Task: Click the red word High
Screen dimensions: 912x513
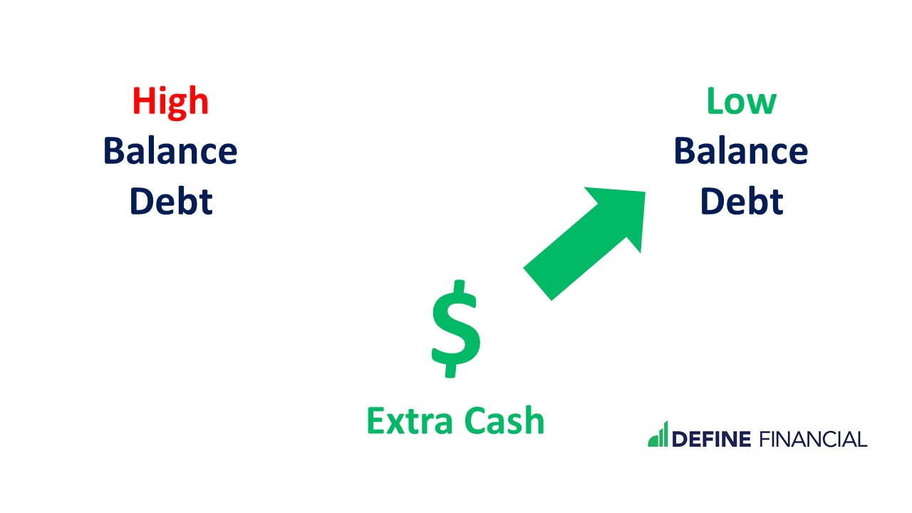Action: pos(170,102)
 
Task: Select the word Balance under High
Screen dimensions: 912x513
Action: pos(170,151)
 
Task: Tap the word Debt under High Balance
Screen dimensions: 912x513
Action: pos(171,201)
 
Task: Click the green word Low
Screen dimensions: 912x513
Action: pos(742,101)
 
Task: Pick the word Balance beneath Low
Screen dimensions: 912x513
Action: pos(741,151)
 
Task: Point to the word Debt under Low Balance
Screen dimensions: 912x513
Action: pos(742,201)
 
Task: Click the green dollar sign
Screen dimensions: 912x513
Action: pos(456,328)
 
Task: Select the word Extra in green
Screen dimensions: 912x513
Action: pos(410,420)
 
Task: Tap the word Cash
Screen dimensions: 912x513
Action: pos(504,420)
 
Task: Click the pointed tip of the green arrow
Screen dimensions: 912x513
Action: pos(645,192)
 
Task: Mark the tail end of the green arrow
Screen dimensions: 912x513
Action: pos(537,284)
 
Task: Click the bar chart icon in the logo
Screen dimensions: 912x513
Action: pos(658,435)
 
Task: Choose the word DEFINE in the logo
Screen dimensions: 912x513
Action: pos(711,440)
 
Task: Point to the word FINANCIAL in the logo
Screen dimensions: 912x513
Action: pos(814,440)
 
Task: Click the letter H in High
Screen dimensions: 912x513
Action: pos(144,101)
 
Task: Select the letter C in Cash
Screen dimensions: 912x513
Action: pos(475,420)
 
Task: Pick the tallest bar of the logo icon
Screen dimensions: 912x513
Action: pos(665,434)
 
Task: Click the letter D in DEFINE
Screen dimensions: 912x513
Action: pos(680,440)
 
